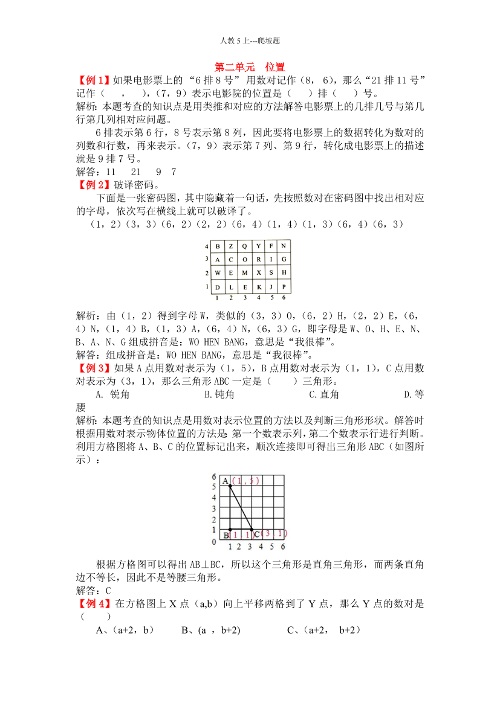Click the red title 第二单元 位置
click(x=250, y=67)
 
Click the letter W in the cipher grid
click(x=217, y=272)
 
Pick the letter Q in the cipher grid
click(x=244, y=246)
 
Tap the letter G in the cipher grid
click(x=284, y=259)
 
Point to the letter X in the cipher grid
click(x=258, y=272)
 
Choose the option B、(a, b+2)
click(x=211, y=630)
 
